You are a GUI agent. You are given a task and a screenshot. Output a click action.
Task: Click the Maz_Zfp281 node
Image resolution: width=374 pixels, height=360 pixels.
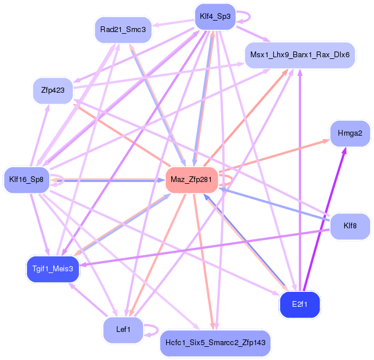191,180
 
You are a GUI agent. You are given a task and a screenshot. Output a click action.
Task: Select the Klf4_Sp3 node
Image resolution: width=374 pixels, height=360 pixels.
215,17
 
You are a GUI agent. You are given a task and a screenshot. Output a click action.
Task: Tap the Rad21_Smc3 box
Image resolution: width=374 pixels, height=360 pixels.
123,29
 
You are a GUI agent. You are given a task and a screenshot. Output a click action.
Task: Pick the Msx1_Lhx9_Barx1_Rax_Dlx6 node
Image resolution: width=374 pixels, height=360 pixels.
300,55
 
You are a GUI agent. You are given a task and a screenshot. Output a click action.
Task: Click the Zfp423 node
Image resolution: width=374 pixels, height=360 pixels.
53,90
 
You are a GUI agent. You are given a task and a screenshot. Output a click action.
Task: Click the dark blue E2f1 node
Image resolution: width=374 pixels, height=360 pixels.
300,304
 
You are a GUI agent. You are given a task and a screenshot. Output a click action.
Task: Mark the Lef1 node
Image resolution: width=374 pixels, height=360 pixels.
123,329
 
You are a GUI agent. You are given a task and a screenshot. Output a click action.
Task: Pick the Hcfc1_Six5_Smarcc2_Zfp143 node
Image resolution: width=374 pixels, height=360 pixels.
215,343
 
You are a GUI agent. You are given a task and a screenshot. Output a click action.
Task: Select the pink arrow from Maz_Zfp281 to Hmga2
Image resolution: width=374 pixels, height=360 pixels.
275,156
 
